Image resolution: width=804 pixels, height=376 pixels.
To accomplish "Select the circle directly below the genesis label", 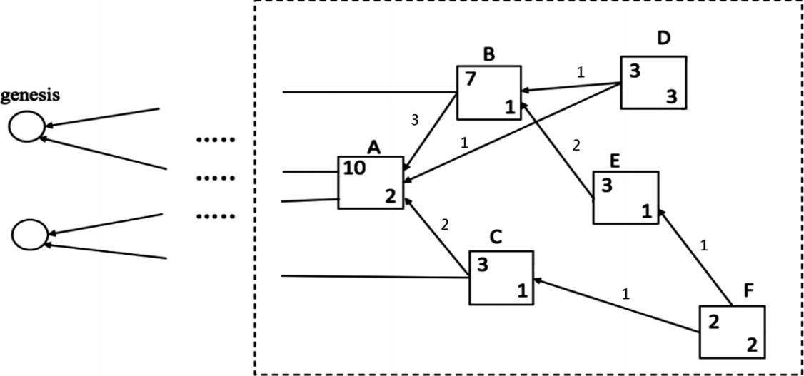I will [x=27, y=126].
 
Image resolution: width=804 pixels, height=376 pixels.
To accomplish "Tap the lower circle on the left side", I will [x=30, y=234].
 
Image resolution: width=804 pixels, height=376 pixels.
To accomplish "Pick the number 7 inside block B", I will [x=470, y=78].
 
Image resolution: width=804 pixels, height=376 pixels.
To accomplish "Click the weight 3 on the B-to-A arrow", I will [x=415, y=121].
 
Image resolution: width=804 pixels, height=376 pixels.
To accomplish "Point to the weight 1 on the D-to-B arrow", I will [x=580, y=72].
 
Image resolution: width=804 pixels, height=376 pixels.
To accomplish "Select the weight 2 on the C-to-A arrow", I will [x=445, y=225].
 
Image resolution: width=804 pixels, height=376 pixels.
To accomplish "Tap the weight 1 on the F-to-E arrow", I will [x=704, y=246].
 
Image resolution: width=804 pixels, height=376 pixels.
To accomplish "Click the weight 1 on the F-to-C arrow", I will [x=625, y=293].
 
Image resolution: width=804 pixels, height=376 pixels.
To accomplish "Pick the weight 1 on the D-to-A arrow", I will [x=464, y=143].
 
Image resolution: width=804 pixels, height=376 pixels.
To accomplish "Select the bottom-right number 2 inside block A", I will [x=390, y=195].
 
